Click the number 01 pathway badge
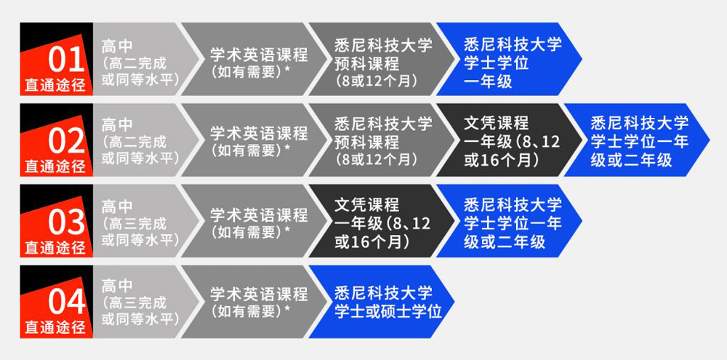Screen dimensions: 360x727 [56, 59]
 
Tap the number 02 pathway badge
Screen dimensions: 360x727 [56, 140]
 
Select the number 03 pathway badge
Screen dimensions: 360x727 [56, 221]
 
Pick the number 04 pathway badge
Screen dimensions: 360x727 [56, 303]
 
